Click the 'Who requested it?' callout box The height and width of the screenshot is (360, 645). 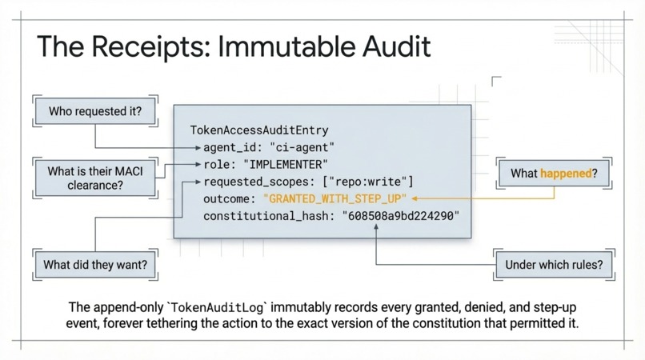pos(95,111)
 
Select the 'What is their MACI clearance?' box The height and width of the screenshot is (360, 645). pos(95,178)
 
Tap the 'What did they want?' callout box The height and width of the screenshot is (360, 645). pos(95,265)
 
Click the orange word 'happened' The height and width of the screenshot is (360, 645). pos(566,174)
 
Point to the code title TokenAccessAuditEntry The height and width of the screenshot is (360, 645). pos(259,130)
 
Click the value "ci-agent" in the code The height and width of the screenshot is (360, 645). pos(303,147)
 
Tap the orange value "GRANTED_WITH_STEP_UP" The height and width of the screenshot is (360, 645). pos(335,198)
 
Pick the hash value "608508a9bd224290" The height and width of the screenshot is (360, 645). pos(401,216)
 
